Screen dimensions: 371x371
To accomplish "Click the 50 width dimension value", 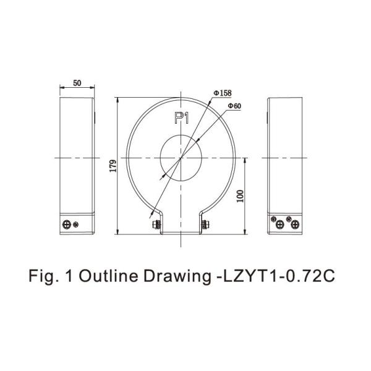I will click(77, 82).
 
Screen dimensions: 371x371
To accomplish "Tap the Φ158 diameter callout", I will click(222, 93).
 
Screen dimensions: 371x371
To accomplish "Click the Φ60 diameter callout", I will click(234, 106).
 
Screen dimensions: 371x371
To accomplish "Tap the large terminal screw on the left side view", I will click(67, 224).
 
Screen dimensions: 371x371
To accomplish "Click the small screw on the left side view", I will click(76, 224).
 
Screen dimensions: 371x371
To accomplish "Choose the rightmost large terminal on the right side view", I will click(291, 224).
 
